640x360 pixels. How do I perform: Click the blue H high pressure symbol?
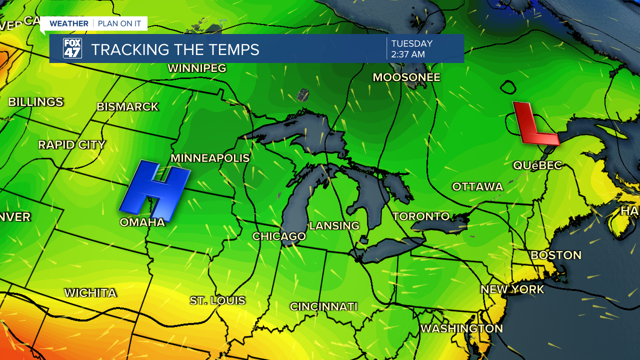pyautogui.click(x=155, y=190)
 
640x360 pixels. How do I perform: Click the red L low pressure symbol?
pyautogui.click(x=534, y=124)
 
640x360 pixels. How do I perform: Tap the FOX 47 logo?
pyautogui.click(x=72, y=48)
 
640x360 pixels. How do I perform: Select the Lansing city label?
pyautogui.click(x=334, y=225)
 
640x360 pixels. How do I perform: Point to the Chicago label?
pyautogui.click(x=279, y=236)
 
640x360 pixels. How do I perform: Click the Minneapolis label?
pyautogui.click(x=210, y=158)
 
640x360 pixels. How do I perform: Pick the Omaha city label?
pyautogui.click(x=142, y=222)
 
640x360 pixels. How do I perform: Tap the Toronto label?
pyautogui.click(x=421, y=216)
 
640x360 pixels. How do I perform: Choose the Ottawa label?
pyautogui.click(x=477, y=186)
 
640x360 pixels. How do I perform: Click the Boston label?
pyautogui.click(x=556, y=255)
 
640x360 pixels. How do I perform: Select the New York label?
pyautogui.click(x=512, y=289)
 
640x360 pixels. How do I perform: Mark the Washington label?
pyautogui.click(x=461, y=328)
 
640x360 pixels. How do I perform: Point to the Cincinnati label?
pyautogui.click(x=324, y=306)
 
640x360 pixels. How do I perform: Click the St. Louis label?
pyautogui.click(x=217, y=300)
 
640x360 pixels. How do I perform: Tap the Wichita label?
pyautogui.click(x=90, y=293)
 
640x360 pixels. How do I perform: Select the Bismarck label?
pyautogui.click(x=127, y=106)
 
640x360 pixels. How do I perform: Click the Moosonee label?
pyautogui.click(x=406, y=77)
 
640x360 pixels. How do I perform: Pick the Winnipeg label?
pyautogui.click(x=197, y=68)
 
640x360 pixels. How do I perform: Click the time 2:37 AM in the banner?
pyautogui.click(x=408, y=54)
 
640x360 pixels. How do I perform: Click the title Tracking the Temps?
pyautogui.click(x=175, y=49)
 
